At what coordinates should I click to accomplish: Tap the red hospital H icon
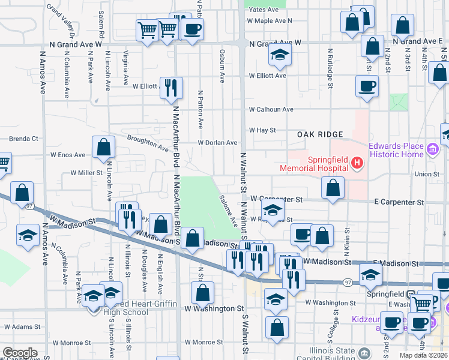[357, 163]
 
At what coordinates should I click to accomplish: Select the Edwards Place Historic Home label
[396, 150]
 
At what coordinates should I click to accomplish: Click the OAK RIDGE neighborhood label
[320, 134]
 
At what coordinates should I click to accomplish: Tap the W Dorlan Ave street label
[218, 143]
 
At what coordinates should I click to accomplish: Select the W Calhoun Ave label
[271, 110]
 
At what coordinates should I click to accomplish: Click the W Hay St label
[262, 130]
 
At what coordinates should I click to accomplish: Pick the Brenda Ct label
[23, 139]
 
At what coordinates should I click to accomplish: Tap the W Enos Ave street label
[68, 155]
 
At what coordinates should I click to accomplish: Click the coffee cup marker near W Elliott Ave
[367, 86]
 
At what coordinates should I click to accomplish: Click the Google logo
[20, 353]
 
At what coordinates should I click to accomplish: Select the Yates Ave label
[264, 10]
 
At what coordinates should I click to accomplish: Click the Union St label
[427, 174]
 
